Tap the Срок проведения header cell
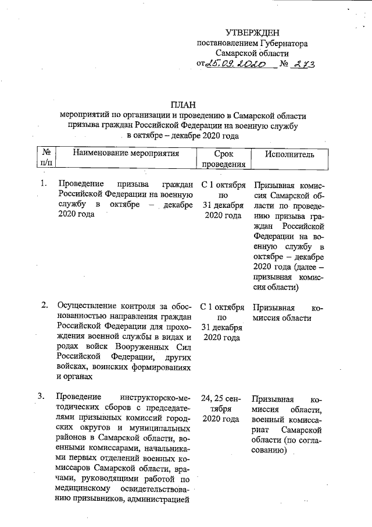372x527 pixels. click(223, 159)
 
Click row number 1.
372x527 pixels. click(43, 185)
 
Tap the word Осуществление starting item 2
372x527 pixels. click(85, 306)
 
